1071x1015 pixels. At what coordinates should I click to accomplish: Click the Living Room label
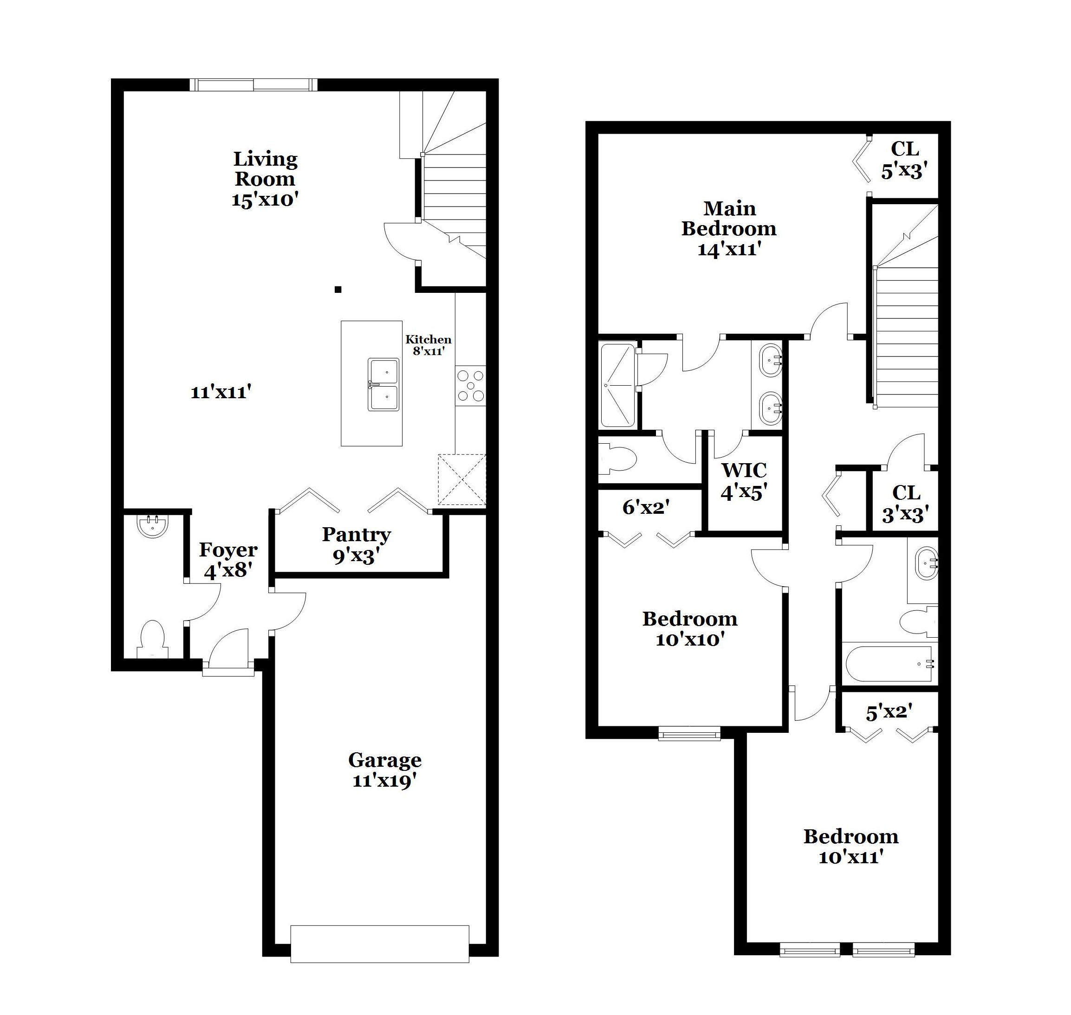pyautogui.click(x=265, y=179)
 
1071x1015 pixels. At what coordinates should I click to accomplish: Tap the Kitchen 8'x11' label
pyautogui.click(x=428, y=345)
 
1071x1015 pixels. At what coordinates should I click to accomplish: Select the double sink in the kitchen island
pyautogui.click(x=384, y=384)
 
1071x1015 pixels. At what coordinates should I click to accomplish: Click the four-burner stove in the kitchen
pyautogui.click(x=470, y=386)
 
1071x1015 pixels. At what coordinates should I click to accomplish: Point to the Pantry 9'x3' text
pyautogui.click(x=356, y=545)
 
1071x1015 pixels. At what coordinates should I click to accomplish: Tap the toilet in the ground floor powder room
pyautogui.click(x=152, y=640)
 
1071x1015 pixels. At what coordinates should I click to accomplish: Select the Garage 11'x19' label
pyautogui.click(x=384, y=770)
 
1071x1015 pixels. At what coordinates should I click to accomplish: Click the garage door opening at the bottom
pyautogui.click(x=379, y=943)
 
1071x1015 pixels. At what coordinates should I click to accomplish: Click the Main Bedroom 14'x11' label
pyautogui.click(x=728, y=228)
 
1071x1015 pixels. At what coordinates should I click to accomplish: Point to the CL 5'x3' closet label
pyautogui.click(x=904, y=160)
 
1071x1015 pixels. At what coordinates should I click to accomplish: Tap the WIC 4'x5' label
pyautogui.click(x=744, y=480)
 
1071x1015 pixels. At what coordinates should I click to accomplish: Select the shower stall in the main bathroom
pyautogui.click(x=617, y=385)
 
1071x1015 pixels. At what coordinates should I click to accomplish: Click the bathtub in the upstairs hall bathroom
pyautogui.click(x=888, y=664)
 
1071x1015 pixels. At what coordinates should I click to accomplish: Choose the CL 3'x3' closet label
pyautogui.click(x=905, y=503)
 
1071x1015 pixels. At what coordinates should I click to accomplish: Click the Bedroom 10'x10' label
pyautogui.click(x=689, y=629)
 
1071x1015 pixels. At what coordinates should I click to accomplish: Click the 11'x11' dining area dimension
pyautogui.click(x=221, y=392)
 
